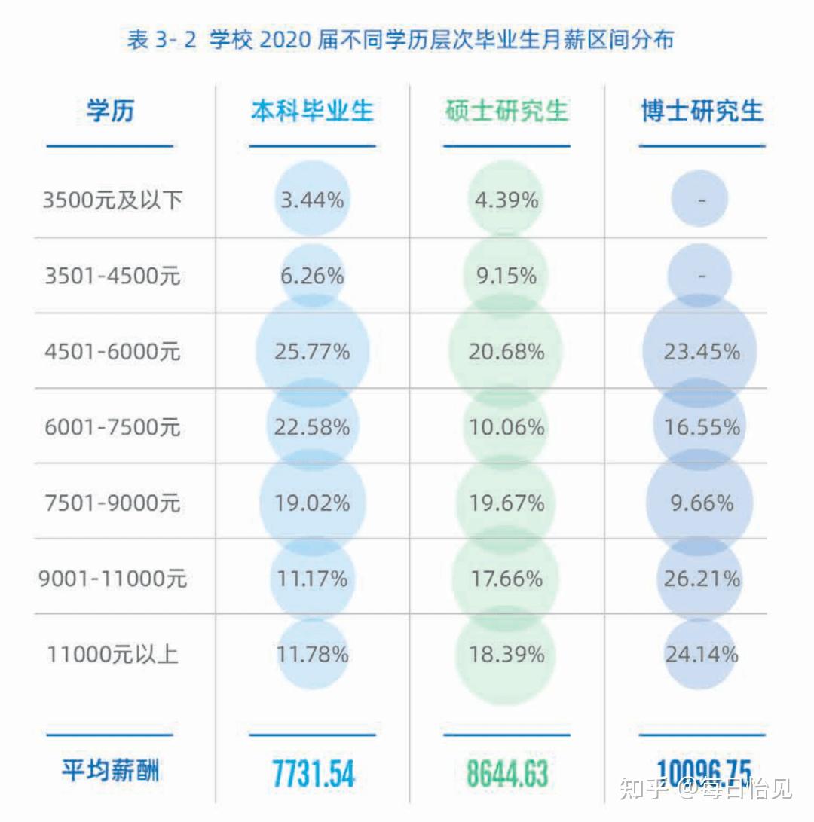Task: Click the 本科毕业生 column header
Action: (x=312, y=112)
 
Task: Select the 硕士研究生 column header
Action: (x=506, y=112)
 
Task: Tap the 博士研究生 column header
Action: (x=702, y=112)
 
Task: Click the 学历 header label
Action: (x=110, y=112)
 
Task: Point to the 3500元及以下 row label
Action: (x=113, y=200)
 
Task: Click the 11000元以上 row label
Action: (x=113, y=654)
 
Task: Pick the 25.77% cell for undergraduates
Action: (x=312, y=351)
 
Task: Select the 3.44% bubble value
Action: (x=312, y=200)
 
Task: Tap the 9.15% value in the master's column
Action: (x=506, y=276)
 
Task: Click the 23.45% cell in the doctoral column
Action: (x=702, y=351)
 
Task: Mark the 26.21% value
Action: (x=702, y=579)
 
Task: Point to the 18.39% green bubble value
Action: (x=506, y=654)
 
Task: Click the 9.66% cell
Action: (x=702, y=503)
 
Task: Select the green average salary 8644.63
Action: (x=507, y=774)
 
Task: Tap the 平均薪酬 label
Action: (x=110, y=771)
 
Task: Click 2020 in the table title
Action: (x=285, y=40)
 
